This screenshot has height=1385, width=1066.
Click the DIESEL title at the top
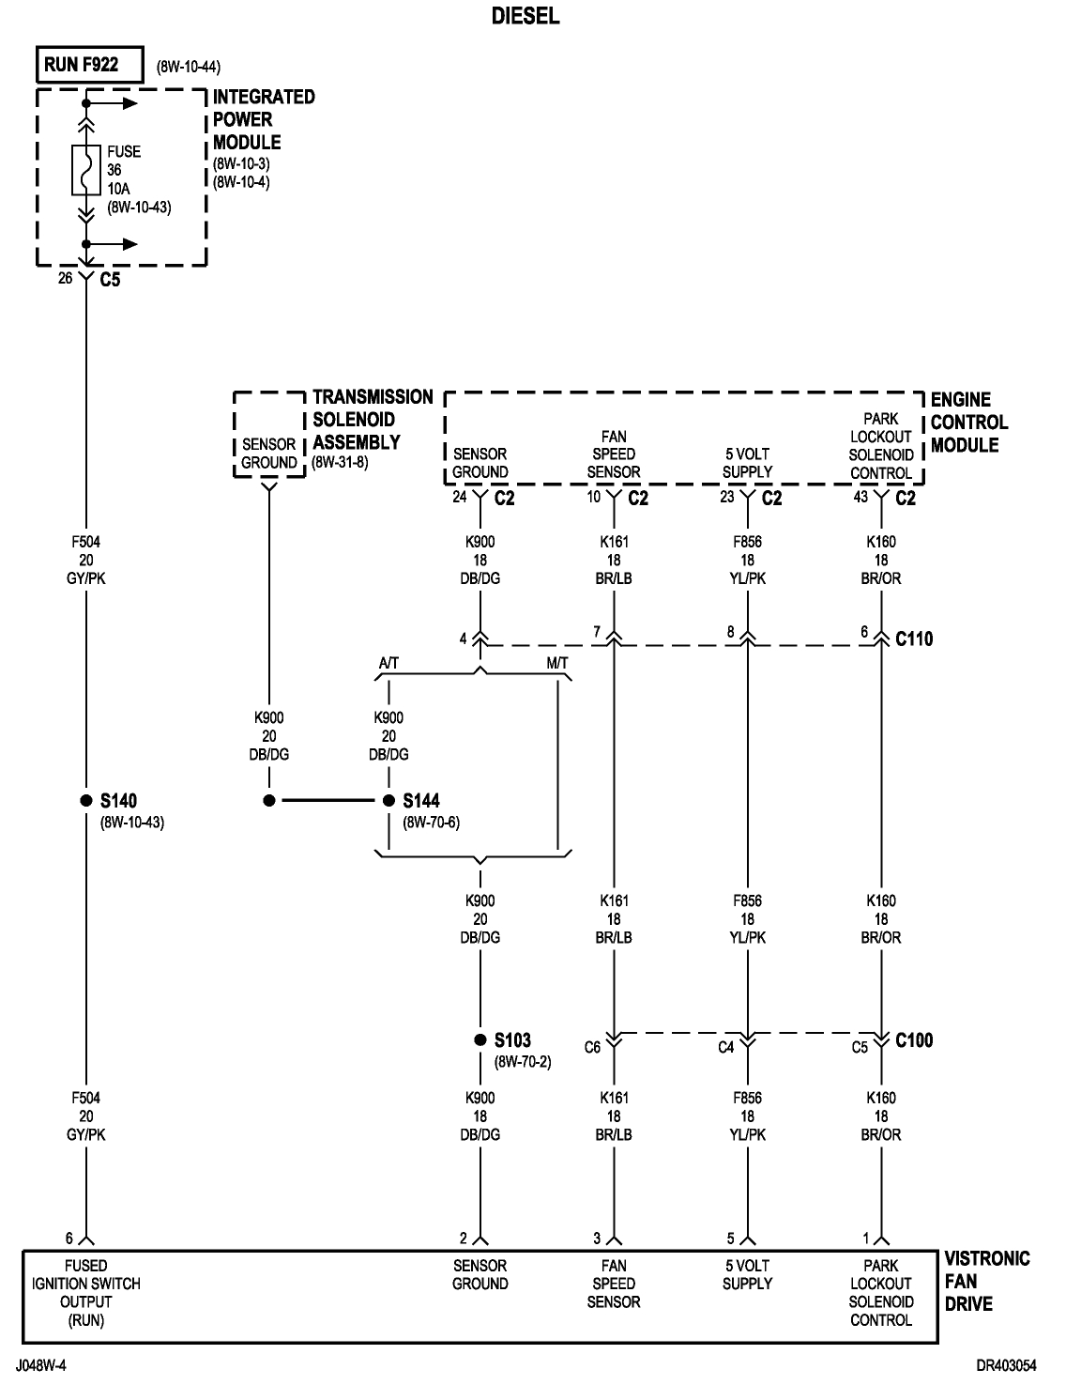point(525,16)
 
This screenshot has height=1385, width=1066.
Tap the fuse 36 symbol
point(85,170)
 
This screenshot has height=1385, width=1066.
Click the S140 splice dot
point(85,801)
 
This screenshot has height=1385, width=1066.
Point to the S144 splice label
point(421,801)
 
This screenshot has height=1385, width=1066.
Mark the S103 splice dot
point(480,1040)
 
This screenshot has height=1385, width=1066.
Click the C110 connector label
point(915,639)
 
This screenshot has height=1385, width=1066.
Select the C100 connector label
point(915,1040)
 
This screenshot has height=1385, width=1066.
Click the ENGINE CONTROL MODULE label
point(968,423)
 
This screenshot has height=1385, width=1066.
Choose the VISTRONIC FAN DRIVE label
point(986,1281)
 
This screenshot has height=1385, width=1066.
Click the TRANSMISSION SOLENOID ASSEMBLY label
point(372,420)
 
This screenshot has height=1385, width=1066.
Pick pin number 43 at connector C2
point(860,498)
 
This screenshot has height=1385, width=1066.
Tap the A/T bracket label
point(388,663)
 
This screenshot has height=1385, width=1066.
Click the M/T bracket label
point(556,663)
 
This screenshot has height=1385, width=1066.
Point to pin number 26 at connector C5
point(66,278)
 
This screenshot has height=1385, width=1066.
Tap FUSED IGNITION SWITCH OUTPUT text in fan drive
point(85,1292)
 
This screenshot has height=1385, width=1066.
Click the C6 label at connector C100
point(592,1047)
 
